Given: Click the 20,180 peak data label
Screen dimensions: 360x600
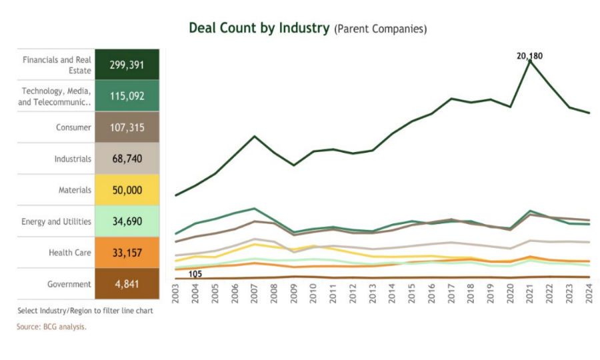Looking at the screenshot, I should (x=529, y=56).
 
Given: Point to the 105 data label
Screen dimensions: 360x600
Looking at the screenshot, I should (x=195, y=274).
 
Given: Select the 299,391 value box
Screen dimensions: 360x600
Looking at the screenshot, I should (x=127, y=65).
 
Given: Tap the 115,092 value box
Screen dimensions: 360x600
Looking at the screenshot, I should (x=127, y=96).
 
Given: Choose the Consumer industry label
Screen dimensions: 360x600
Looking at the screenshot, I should (x=73, y=127).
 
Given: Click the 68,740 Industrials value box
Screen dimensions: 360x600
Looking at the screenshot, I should (x=127, y=159).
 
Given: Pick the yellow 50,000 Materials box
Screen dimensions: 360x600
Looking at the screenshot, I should (x=127, y=190).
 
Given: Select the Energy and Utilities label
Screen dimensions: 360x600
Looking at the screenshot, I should (x=56, y=221).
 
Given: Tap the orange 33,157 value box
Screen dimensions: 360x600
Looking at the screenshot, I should (x=127, y=253).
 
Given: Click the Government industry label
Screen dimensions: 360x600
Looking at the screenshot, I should (x=69, y=284).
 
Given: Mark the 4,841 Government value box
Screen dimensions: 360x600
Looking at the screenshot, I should (x=127, y=284).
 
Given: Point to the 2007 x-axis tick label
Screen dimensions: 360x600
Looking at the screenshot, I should (x=255, y=295).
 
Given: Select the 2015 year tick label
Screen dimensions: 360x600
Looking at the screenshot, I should (x=413, y=295).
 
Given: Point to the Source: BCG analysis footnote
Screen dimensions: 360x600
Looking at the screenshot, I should (x=51, y=327).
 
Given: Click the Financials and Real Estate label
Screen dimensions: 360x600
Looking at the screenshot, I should (x=57, y=65).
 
